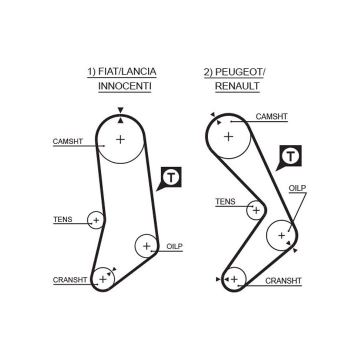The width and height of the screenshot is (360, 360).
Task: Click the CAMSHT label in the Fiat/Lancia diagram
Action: (67, 141)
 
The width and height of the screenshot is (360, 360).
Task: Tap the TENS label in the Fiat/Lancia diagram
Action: (62, 219)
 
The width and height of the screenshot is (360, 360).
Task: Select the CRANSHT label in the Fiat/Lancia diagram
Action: (70, 280)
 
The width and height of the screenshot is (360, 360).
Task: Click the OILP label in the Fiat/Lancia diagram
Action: (174, 246)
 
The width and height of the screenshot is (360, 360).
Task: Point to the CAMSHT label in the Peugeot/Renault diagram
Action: (271, 116)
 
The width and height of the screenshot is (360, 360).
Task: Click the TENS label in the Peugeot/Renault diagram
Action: (225, 201)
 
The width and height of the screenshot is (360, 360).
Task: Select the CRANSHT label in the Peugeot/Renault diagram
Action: (283, 281)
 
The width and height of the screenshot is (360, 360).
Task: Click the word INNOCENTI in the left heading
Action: (124, 86)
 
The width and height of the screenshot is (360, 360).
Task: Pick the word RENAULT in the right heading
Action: (237, 86)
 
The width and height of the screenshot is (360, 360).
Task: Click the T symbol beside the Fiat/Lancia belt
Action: (171, 177)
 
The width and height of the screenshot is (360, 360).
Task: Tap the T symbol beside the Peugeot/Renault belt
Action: (290, 156)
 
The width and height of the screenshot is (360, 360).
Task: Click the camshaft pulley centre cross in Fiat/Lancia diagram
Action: (120, 139)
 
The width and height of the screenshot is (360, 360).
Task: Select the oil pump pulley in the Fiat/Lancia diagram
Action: (146, 245)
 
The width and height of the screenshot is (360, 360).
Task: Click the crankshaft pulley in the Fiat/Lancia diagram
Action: (103, 278)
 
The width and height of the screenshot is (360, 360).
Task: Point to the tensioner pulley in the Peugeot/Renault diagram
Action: (256, 210)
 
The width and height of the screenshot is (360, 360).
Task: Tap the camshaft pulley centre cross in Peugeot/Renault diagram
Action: (228, 135)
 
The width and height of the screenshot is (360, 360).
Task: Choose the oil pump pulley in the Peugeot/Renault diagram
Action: (281, 234)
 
